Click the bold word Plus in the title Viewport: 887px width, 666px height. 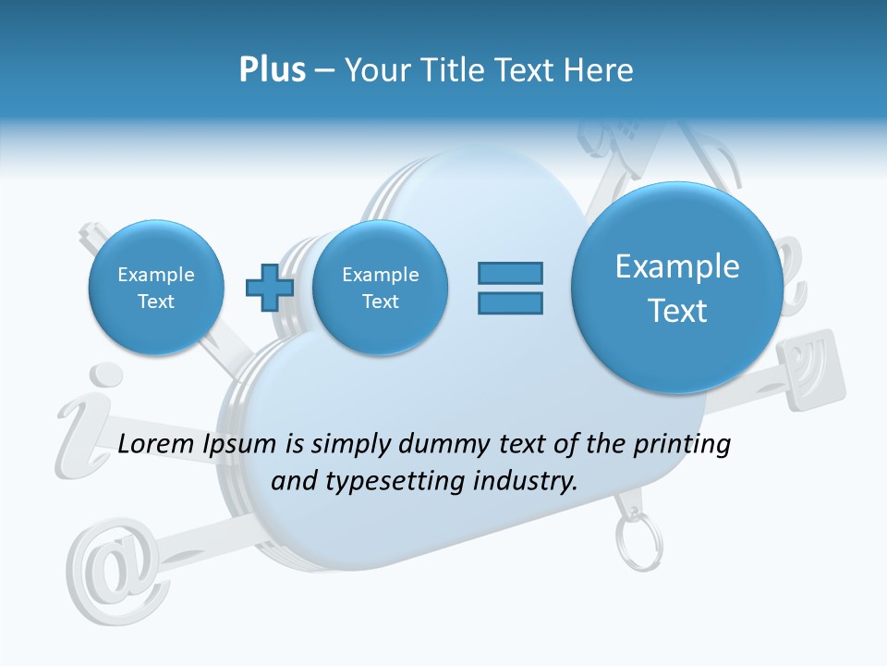(272, 70)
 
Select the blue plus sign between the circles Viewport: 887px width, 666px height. (270, 288)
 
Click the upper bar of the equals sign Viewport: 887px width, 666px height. (510, 273)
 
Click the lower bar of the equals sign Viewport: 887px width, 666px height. (510, 302)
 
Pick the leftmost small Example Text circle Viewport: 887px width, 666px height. (156, 288)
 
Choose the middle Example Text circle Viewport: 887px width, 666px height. (381, 288)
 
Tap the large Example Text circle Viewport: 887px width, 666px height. (677, 288)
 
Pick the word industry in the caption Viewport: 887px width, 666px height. (524, 482)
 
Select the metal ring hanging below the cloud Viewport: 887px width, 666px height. (638, 545)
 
